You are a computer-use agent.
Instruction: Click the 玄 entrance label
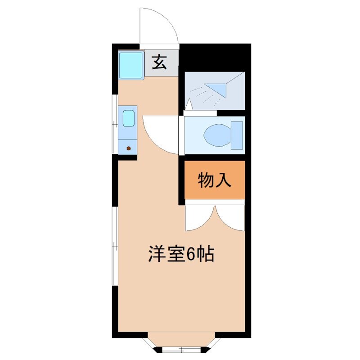click(159, 62)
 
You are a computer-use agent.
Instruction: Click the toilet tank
click(237, 135)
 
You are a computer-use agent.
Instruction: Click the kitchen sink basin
click(128, 118)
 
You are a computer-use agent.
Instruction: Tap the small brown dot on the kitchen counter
click(129, 148)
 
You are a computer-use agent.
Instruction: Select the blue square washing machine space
click(131, 66)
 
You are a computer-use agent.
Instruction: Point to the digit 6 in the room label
click(191, 255)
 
